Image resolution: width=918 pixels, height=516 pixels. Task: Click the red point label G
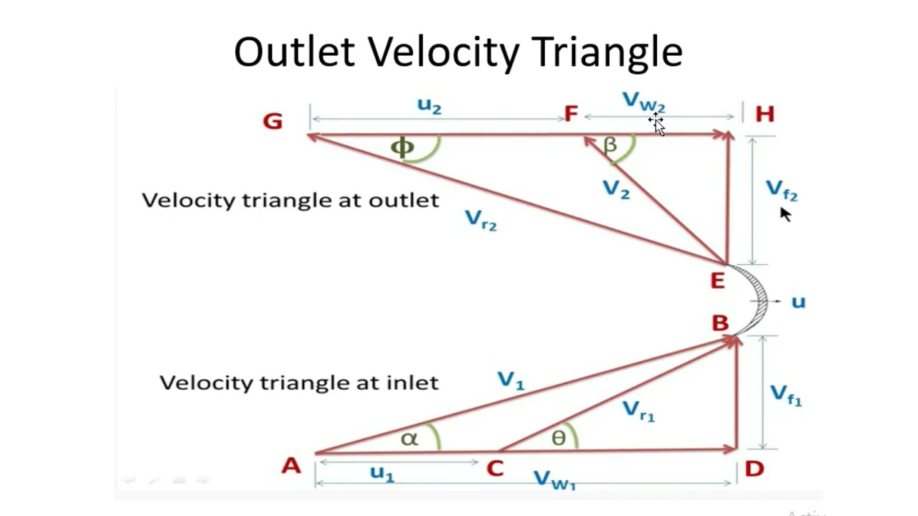(x=273, y=121)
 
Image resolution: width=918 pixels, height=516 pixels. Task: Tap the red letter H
(x=765, y=115)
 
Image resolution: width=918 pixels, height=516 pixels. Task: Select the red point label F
(x=571, y=115)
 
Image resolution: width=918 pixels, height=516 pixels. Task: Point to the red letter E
(x=717, y=282)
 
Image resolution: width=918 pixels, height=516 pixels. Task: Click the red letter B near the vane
(x=720, y=324)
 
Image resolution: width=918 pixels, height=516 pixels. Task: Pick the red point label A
(x=290, y=467)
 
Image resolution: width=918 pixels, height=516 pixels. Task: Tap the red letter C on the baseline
(x=495, y=469)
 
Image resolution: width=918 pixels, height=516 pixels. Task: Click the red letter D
(x=754, y=469)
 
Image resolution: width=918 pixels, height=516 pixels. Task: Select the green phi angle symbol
(x=402, y=148)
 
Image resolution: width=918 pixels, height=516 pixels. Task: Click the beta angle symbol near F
(x=610, y=145)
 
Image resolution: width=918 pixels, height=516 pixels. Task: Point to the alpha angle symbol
(x=409, y=439)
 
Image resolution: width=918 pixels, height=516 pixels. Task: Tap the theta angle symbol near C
(x=559, y=438)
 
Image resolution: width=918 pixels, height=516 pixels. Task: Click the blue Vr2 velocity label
(x=481, y=219)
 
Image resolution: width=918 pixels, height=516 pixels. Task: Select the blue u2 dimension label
(x=429, y=106)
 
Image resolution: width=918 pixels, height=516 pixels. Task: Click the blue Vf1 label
(x=785, y=395)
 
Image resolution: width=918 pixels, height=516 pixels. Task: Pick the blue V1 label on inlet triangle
(x=511, y=381)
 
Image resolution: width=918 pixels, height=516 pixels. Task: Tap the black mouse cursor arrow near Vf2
(x=785, y=214)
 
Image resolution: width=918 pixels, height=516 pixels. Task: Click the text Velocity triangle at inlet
(x=298, y=383)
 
